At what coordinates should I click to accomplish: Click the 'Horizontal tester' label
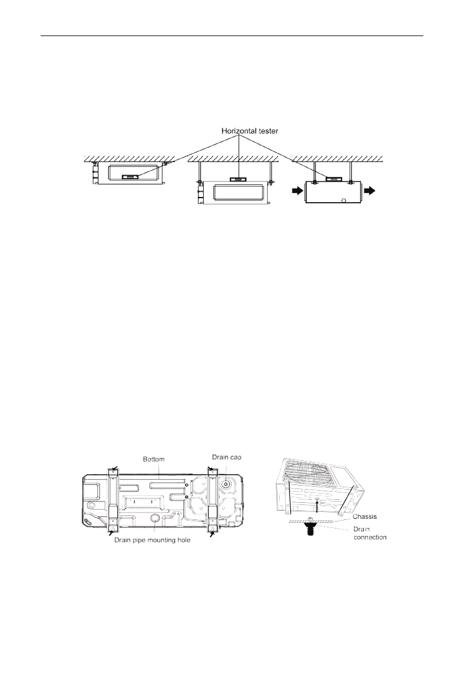250,131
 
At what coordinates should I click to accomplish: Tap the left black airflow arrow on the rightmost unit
298,191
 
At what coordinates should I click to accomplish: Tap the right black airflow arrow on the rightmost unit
369,191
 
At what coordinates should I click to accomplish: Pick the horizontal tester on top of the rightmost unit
334,178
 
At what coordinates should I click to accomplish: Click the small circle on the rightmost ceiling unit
344,201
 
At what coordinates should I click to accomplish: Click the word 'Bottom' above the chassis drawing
154,459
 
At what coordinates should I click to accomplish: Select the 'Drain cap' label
227,457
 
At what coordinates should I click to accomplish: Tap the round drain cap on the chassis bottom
227,484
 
